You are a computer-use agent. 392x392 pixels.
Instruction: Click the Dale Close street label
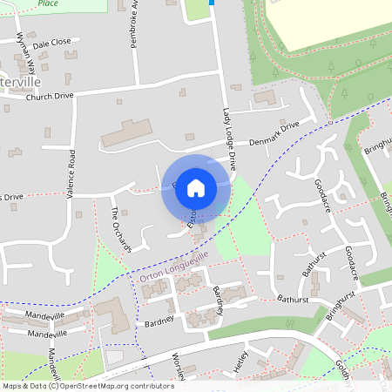pos(50,42)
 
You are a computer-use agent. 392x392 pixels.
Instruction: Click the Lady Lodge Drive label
pos(228,139)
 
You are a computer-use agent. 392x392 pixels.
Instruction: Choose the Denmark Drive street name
pos(274,132)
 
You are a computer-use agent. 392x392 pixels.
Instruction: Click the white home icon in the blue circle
pos(196,187)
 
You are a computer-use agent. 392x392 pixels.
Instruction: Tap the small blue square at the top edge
pos(211,3)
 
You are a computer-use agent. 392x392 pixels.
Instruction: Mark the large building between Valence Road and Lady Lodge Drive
pos(127,133)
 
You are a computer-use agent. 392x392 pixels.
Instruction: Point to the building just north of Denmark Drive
pos(263,97)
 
